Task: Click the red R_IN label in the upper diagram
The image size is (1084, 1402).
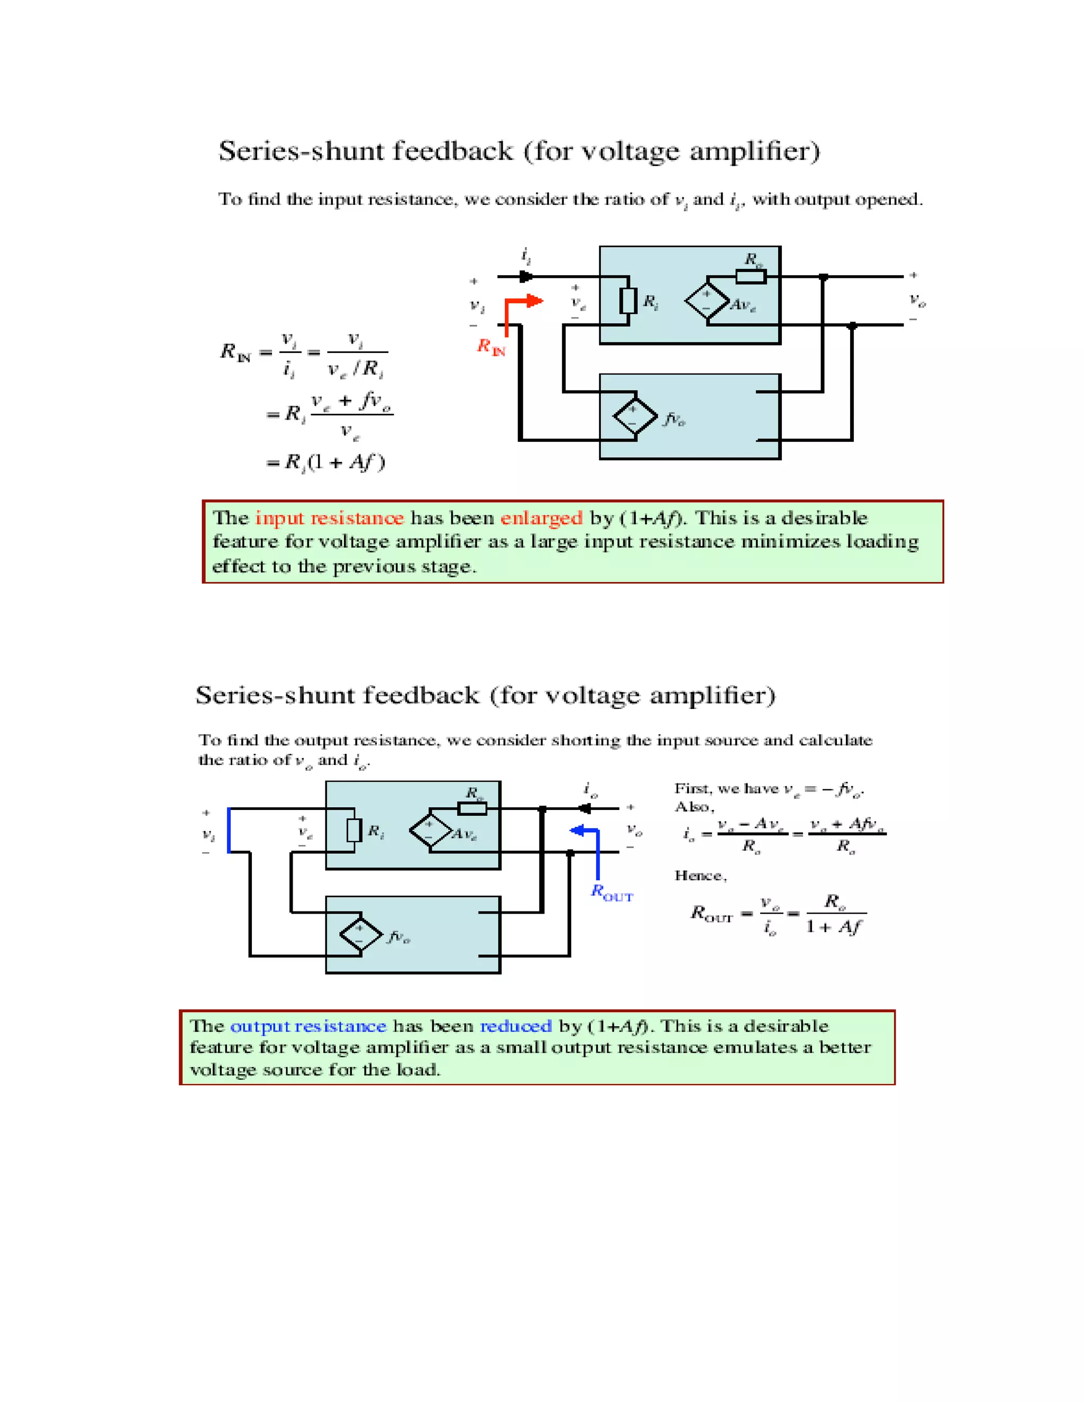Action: click(x=491, y=347)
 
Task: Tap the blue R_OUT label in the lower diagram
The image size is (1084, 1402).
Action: click(x=611, y=893)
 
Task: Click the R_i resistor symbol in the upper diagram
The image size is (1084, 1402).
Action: click(x=628, y=301)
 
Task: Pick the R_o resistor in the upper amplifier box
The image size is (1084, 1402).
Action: click(x=750, y=277)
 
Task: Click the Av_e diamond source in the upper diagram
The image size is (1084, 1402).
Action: click(x=707, y=301)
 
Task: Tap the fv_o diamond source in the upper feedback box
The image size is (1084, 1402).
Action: click(x=635, y=416)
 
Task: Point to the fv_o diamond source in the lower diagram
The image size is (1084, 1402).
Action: click(x=361, y=935)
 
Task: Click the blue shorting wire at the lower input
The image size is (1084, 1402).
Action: click(x=229, y=830)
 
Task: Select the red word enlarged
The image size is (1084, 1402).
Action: click(x=541, y=518)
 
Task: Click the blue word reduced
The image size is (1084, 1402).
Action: click(x=516, y=1026)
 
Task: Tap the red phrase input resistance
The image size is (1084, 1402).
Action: click(x=329, y=518)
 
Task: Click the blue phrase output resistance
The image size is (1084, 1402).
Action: click(x=308, y=1026)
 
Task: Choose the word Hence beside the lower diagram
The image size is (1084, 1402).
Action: click(x=700, y=876)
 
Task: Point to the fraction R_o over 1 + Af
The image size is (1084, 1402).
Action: click(x=835, y=914)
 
